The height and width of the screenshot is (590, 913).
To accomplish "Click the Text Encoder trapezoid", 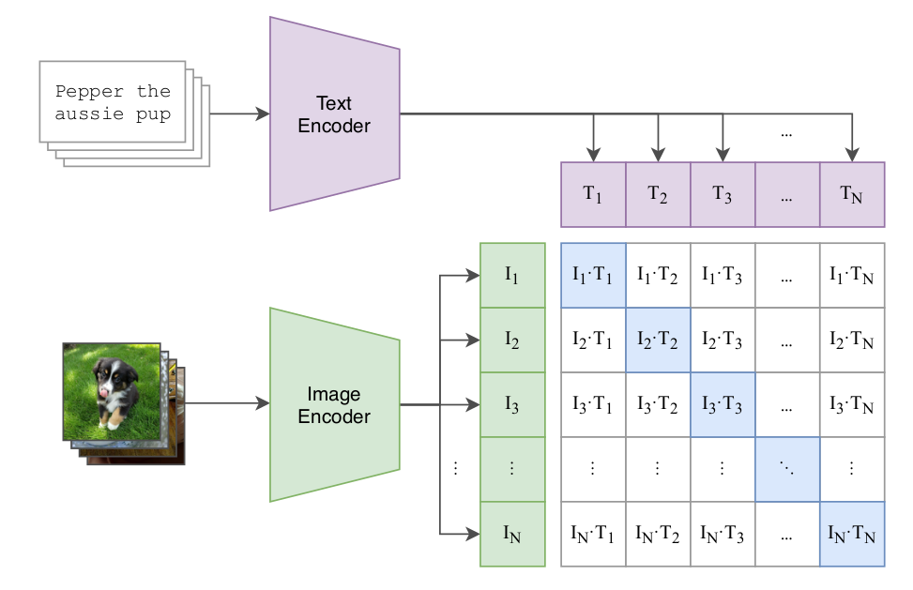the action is pyautogui.click(x=334, y=114).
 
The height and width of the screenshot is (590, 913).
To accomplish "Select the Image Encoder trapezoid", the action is pyautogui.click(x=334, y=405).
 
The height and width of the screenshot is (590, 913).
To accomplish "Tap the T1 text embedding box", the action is pyautogui.click(x=593, y=194).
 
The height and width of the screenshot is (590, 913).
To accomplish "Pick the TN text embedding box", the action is pyautogui.click(x=852, y=194).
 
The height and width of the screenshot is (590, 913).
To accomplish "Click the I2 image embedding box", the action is pyautogui.click(x=512, y=340).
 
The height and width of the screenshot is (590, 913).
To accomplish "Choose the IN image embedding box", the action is pyautogui.click(x=512, y=534).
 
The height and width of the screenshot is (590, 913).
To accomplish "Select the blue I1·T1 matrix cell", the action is pyautogui.click(x=593, y=275).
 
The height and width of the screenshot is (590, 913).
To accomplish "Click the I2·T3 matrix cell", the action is pyautogui.click(x=723, y=340).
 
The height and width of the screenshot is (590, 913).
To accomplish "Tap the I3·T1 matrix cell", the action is pyautogui.click(x=593, y=404).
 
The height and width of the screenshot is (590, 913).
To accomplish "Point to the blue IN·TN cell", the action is pyautogui.click(x=852, y=534).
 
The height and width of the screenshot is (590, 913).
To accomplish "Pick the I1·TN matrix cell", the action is pyautogui.click(x=852, y=275).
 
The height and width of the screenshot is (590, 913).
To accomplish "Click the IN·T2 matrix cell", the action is pyautogui.click(x=658, y=534).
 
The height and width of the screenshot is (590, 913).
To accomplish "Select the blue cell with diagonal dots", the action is pyautogui.click(x=787, y=469).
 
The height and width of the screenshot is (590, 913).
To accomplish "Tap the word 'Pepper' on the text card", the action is pyautogui.click(x=89, y=92).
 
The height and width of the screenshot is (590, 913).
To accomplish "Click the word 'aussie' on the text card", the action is pyautogui.click(x=89, y=113).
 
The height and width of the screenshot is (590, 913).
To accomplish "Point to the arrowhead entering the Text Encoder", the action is pyautogui.click(x=263, y=114).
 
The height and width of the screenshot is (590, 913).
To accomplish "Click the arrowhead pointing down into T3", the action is pyautogui.click(x=723, y=155).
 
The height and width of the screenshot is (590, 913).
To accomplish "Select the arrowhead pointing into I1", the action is pyautogui.click(x=473, y=275).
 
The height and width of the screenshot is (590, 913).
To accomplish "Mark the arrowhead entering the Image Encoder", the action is pyautogui.click(x=263, y=403).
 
